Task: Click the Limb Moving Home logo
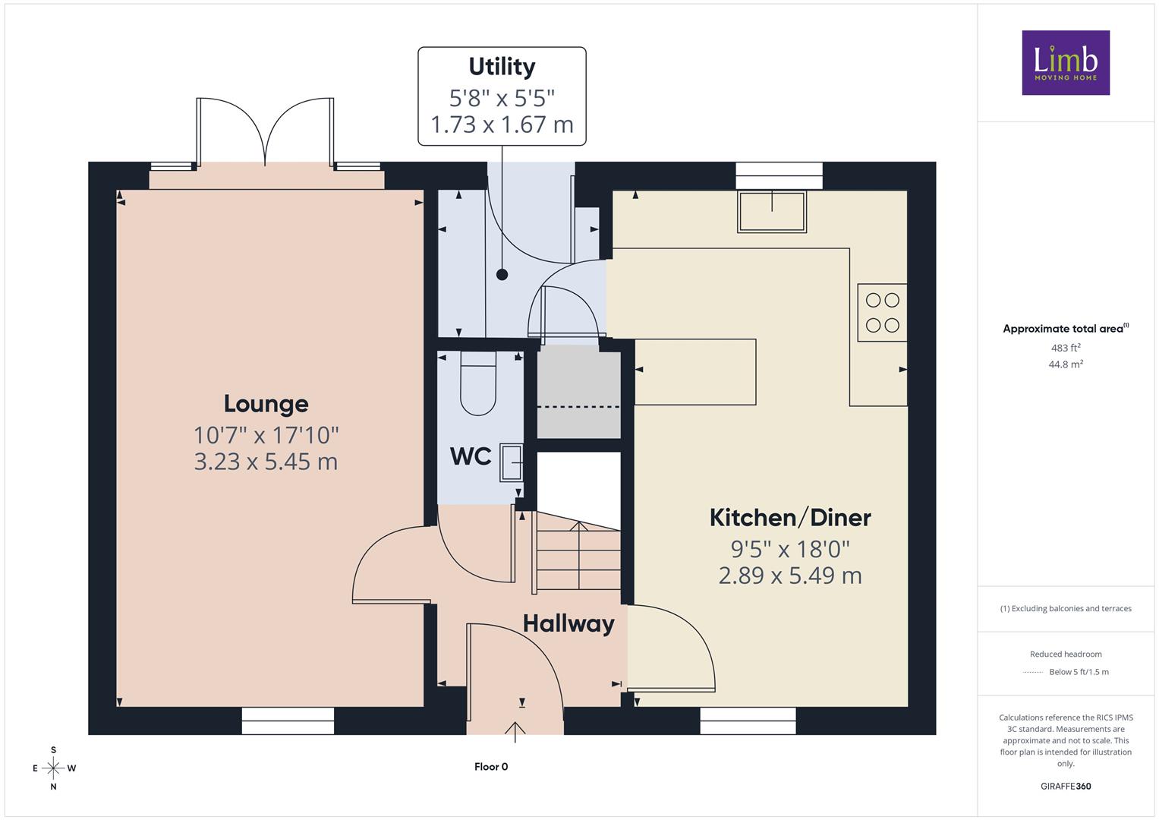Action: click(1066, 62)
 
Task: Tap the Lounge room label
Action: click(266, 404)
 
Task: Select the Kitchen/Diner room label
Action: click(790, 518)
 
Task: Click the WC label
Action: click(471, 456)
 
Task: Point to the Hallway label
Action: click(568, 624)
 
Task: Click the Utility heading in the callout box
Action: click(502, 67)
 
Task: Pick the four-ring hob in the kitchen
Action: click(882, 312)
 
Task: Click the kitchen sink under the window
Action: click(771, 212)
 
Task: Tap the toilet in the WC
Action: click(478, 383)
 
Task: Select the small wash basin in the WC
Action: click(512, 462)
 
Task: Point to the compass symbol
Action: click(53, 768)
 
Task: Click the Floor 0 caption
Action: click(491, 767)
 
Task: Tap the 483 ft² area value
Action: click(1065, 348)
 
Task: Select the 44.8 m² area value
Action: click(1066, 364)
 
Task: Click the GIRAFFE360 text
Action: click(1066, 786)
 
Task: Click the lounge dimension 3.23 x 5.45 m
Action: click(266, 462)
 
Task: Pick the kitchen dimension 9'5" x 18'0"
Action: click(790, 549)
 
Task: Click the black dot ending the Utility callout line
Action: click(502, 275)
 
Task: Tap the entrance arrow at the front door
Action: click(515, 731)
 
